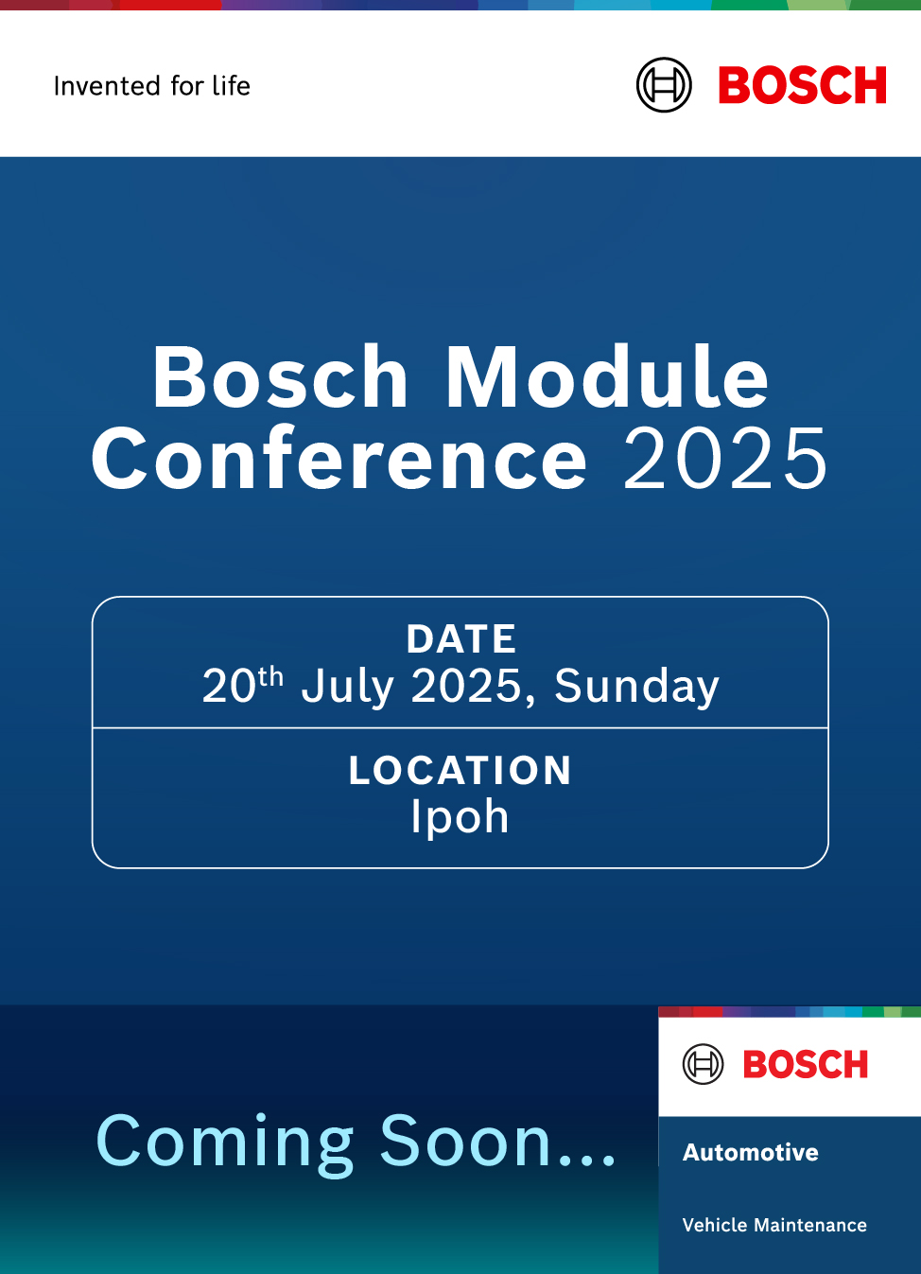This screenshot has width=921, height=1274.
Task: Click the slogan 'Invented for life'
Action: coord(152,86)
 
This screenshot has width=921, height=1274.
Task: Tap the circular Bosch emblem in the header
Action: coord(664,85)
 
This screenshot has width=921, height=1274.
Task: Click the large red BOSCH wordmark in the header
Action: coord(802,85)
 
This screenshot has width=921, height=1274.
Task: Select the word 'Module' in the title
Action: coord(607,376)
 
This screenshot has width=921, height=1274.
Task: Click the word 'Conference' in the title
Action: coord(339,458)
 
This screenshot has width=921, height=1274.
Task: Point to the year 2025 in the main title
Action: coord(725,459)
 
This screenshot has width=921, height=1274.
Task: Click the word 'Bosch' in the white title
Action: coord(280,376)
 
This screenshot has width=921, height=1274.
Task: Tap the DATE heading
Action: coord(461,638)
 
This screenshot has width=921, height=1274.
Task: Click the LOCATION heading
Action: coord(460,771)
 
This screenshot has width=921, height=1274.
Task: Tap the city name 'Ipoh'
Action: coord(460,818)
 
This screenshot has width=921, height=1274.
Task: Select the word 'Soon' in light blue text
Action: coord(465,1141)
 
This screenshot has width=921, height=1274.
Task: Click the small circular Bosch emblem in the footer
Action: coord(703,1064)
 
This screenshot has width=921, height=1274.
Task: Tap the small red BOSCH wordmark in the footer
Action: coord(806,1064)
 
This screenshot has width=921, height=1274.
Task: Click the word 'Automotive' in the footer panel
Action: coord(751,1152)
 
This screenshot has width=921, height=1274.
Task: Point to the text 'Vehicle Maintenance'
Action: coord(774,1225)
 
